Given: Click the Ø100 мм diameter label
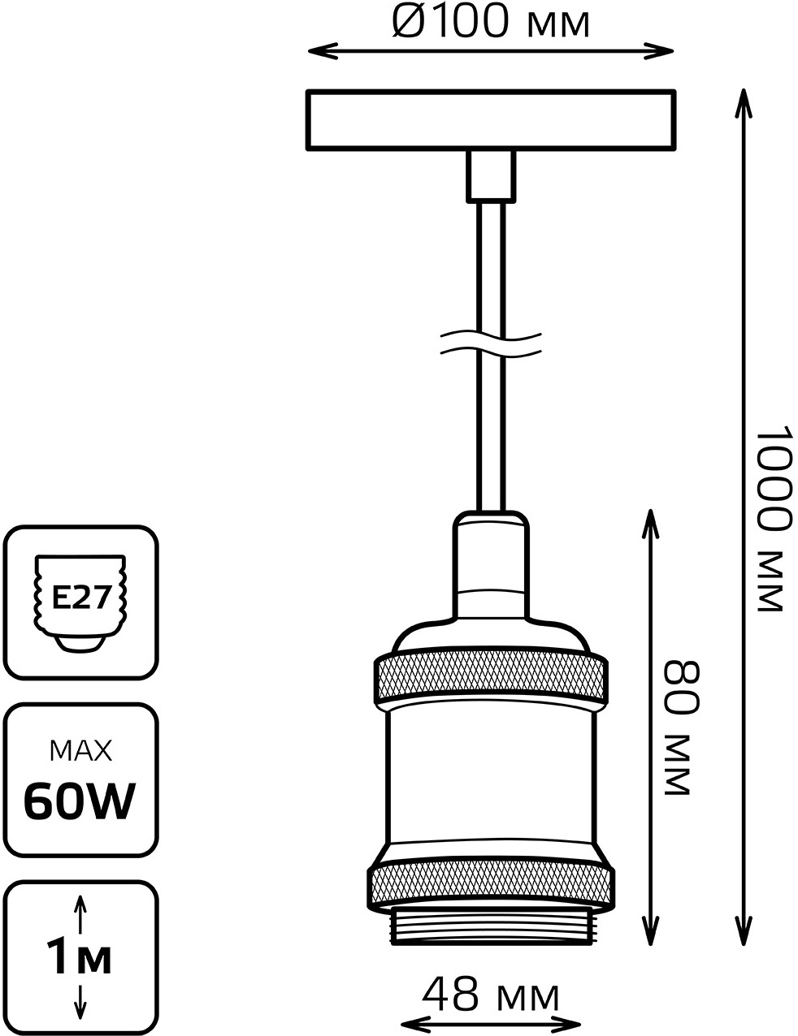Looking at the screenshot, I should [x=490, y=22].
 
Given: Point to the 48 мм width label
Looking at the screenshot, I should [x=491, y=995].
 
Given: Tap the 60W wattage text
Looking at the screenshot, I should [x=79, y=802].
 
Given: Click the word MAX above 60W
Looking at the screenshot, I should [x=80, y=751].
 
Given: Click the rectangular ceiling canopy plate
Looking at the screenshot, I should [x=491, y=120].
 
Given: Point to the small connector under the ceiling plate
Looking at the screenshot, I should [x=490, y=175].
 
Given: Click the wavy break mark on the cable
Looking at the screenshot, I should [x=490, y=342].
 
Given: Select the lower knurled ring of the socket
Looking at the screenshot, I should [x=490, y=887].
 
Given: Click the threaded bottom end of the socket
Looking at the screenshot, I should [x=490, y=928].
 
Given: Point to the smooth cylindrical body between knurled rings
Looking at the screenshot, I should [x=490, y=779].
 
